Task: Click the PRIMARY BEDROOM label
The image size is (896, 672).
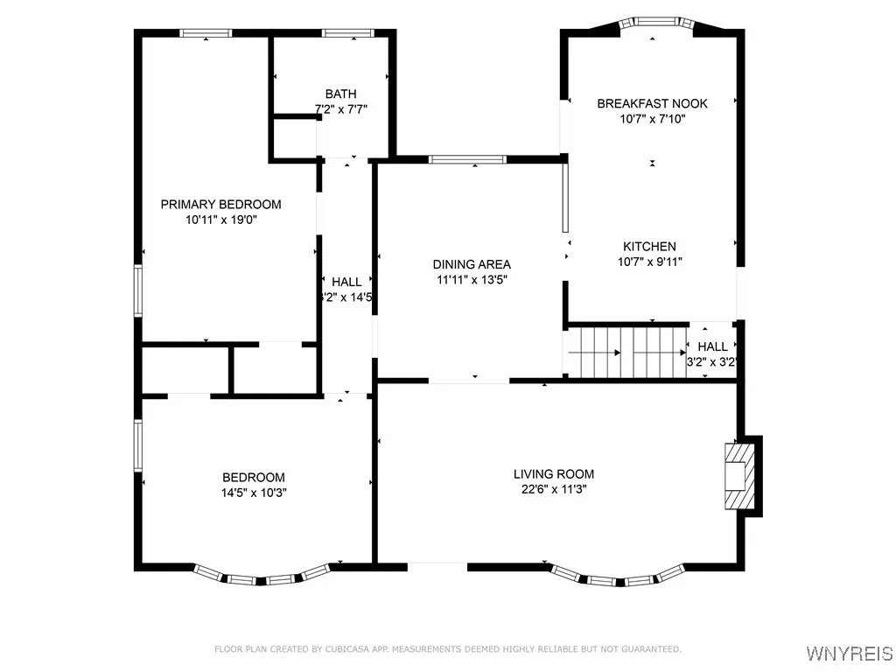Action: [220, 205]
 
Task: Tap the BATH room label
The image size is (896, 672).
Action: [340, 94]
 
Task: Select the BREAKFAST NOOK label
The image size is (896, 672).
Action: [652, 103]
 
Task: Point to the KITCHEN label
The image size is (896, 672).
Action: [649, 247]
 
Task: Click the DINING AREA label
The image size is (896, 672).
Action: [472, 264]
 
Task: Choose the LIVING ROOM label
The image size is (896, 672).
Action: [554, 474]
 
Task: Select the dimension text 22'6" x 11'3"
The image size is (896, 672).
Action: [554, 490]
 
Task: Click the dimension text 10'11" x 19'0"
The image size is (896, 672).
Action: [220, 220]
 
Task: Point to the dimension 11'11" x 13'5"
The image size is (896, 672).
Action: [472, 280]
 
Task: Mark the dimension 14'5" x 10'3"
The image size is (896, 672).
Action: [253, 493]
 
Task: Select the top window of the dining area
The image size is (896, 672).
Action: [467, 159]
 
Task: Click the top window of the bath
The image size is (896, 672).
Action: [348, 33]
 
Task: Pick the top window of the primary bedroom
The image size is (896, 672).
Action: [206, 33]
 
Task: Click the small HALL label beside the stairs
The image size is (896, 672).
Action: [712, 346]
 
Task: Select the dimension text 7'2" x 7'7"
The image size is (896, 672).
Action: [340, 110]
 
